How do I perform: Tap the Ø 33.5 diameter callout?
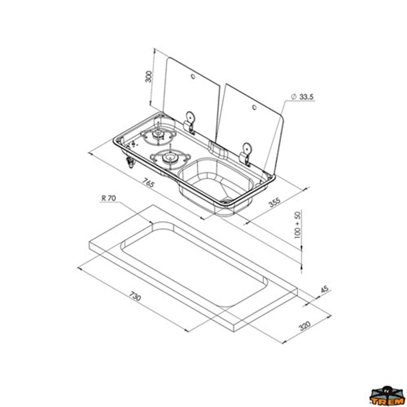point(302,97)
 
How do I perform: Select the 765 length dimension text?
point(149,183)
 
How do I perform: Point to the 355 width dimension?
point(275,202)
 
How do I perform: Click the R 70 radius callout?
point(109,198)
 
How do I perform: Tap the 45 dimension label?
point(324,289)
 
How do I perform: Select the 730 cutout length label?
point(135,296)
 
